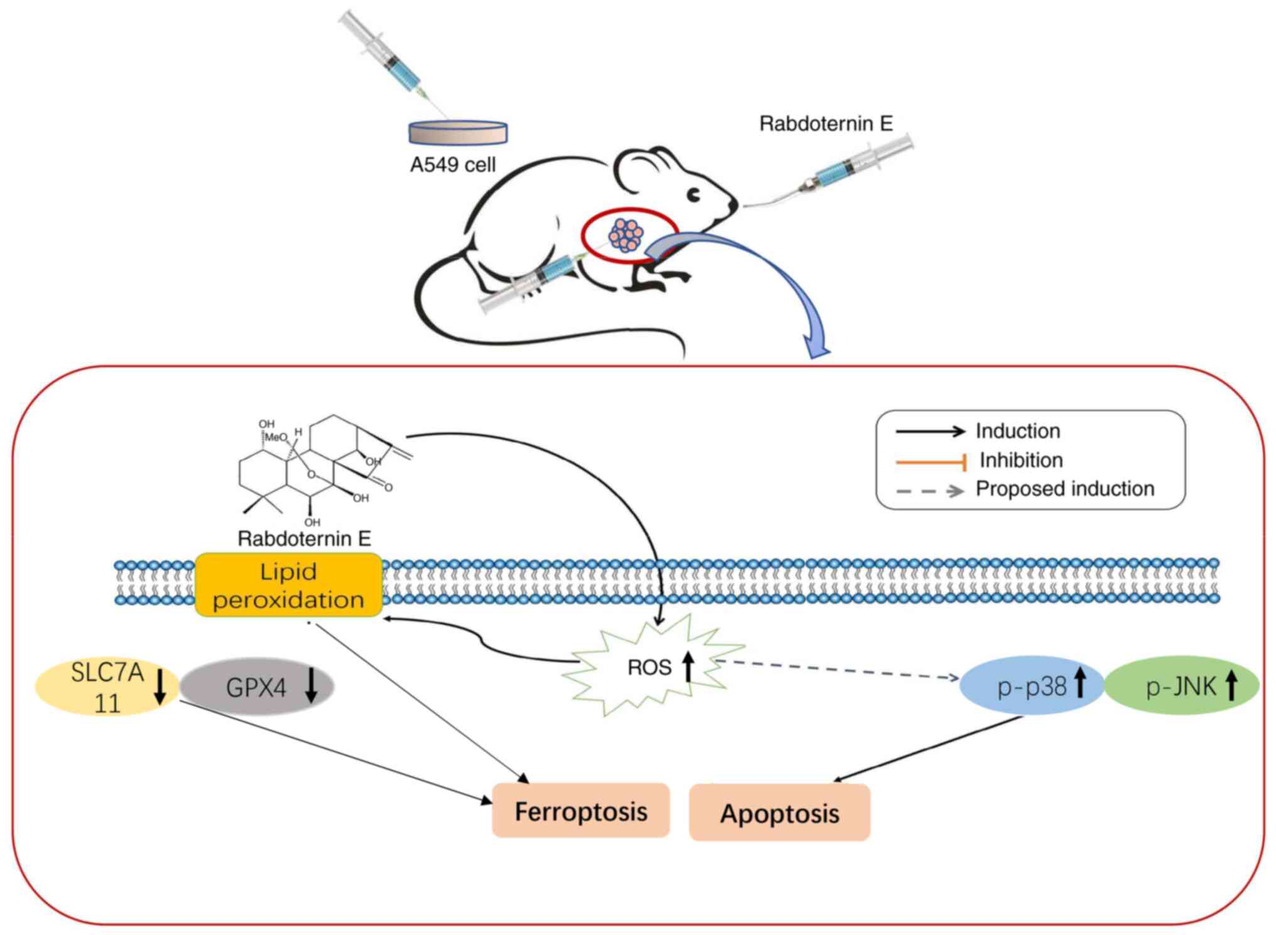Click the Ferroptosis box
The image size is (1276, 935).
click(x=581, y=811)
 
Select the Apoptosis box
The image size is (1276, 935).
click(x=779, y=812)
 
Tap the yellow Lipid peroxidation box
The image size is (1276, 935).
click(x=289, y=585)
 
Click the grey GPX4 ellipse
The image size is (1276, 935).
click(x=257, y=687)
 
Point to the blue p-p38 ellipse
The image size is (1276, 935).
click(x=1032, y=686)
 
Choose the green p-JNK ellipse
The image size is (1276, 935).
click(x=1181, y=686)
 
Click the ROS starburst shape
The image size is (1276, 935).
click(x=653, y=666)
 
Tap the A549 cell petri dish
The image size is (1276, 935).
click(x=458, y=132)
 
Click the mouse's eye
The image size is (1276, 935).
click(x=694, y=195)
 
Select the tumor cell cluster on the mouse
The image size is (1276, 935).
click(x=625, y=236)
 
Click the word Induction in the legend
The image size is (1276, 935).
click(x=1017, y=431)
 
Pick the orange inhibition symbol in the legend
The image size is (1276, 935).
click(x=931, y=463)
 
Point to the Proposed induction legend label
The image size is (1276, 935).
click(x=1065, y=489)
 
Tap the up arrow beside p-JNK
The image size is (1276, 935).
click(x=1231, y=685)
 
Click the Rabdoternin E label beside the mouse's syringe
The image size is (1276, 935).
click(x=826, y=124)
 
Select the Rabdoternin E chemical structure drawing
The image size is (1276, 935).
click(x=320, y=468)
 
